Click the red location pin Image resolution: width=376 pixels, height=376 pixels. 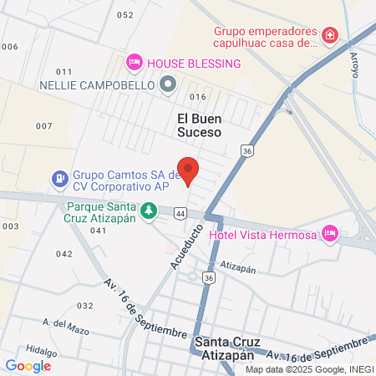188,170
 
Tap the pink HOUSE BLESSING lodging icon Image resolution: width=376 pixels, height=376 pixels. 133,63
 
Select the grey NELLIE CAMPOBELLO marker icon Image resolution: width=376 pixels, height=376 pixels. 168,84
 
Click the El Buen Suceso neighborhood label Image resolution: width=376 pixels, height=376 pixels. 199,124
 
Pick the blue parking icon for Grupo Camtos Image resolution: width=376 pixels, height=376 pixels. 59,178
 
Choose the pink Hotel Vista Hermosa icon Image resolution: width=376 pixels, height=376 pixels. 329,232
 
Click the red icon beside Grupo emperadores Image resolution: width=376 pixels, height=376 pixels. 331,35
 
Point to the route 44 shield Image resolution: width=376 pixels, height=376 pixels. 181,214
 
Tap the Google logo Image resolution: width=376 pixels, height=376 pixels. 28,365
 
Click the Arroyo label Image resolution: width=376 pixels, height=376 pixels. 354,64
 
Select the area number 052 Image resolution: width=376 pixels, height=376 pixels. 125,15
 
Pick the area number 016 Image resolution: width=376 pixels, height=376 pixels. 197,97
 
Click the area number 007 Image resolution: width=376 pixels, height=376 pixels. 43,125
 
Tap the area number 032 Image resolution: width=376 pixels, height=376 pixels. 84,306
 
